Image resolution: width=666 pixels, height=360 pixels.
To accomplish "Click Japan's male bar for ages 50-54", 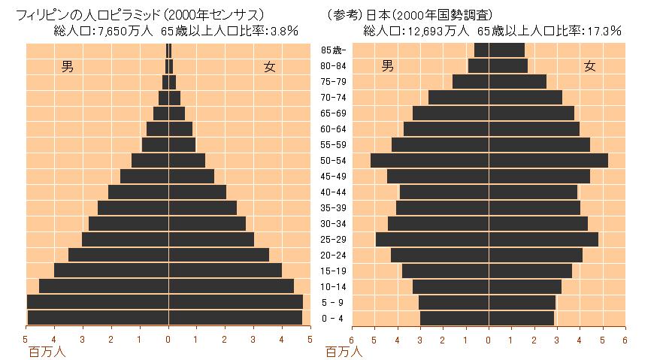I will pyautogui.click(x=429, y=160).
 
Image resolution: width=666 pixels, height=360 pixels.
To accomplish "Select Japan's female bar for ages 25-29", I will pyautogui.click(x=543, y=240).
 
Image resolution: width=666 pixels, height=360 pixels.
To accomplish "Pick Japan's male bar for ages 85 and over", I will pyautogui.click(x=481, y=50).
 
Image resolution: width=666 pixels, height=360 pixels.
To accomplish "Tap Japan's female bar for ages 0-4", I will pyautogui.click(x=522, y=319).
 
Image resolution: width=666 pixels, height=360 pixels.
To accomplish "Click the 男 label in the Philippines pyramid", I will pyautogui.click(x=68, y=67).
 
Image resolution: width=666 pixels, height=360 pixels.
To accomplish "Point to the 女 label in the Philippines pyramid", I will pyautogui.click(x=269, y=67).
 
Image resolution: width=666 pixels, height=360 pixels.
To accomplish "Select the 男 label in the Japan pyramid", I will pyautogui.click(x=388, y=65).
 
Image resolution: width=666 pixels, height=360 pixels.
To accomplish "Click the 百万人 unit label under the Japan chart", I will pyautogui.click(x=344, y=351).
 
